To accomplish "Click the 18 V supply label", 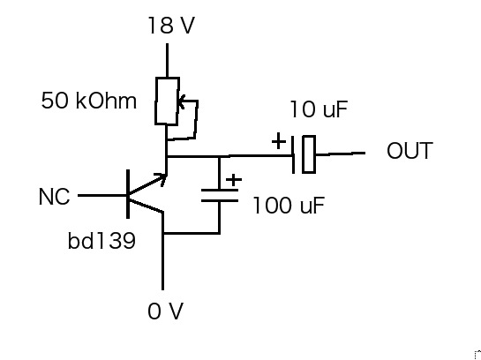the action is (171, 25).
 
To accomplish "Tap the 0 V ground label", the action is (166, 311).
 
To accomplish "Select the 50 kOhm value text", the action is (89, 101).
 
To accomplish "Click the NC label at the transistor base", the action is (55, 197).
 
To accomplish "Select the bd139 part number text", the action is (101, 241).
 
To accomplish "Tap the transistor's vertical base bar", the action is (128, 194).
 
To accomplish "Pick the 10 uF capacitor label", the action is (319, 109).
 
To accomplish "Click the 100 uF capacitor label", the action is (289, 205).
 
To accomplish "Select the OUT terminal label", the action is (410, 151).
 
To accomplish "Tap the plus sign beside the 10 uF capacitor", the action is (279, 141).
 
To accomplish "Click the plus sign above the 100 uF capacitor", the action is (234, 179).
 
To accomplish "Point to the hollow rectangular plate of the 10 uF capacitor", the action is (303, 154).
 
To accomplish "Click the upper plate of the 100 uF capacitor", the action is (220, 191).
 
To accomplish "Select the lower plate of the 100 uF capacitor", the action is (220, 201).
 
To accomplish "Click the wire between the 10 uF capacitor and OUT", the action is (341, 154).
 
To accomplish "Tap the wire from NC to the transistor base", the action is (102, 195).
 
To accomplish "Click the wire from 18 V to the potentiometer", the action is (167, 60).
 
